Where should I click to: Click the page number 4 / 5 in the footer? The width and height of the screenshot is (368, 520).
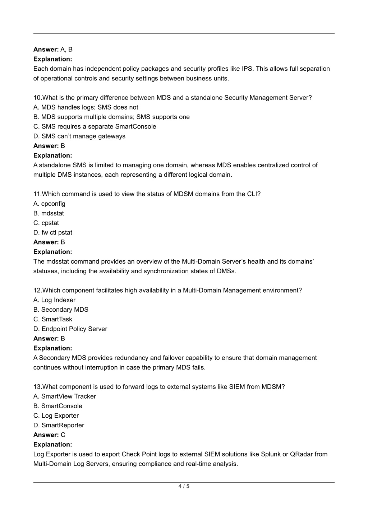pos(184,487)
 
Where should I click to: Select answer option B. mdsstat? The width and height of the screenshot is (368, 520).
pos(49,213)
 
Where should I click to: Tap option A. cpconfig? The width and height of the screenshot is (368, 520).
pos(49,204)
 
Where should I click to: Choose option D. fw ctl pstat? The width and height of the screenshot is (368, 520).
pos(53,233)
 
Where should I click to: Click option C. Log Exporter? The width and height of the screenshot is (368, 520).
pos(56,415)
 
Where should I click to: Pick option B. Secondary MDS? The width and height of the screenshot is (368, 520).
pos(61,310)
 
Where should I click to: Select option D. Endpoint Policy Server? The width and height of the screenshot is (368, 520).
pos(70,329)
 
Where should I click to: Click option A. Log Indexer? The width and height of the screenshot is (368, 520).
pos(54,300)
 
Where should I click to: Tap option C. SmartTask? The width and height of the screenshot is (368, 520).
pos(53,319)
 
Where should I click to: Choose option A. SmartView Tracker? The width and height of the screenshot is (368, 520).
pos(65,396)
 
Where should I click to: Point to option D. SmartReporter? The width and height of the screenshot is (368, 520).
pos(59,425)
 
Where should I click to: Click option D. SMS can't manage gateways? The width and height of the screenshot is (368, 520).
pos(79,136)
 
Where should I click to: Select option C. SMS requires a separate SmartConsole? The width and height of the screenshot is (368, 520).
pos(95,126)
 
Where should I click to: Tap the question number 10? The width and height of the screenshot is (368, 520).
pos(37,98)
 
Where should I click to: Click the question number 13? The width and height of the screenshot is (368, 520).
pos(37,387)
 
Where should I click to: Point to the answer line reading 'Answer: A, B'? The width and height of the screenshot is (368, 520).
pos(53,50)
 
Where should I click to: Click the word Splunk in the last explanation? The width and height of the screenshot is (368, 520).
pos(271,454)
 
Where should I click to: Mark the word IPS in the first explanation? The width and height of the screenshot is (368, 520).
pos(247,69)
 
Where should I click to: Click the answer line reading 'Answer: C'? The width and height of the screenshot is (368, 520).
pos(49,435)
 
